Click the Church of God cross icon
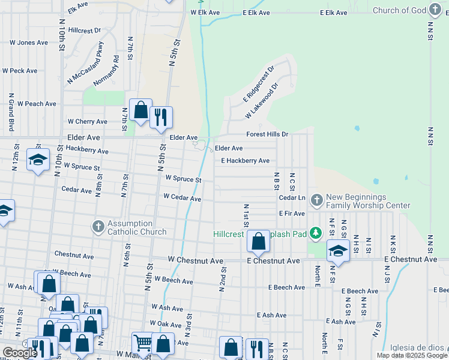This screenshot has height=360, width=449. point(435,10)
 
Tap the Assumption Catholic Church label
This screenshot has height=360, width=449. point(137,227)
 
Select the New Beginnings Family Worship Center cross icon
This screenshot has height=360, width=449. point(316,199)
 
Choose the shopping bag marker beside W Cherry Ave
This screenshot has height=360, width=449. point(140,110)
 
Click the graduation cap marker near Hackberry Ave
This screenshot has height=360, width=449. point(38,160)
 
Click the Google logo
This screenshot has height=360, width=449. point(20,353)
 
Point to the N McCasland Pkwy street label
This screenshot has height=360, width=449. point(86,62)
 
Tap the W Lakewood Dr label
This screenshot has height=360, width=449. point(261,101)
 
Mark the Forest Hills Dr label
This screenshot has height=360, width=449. point(267,134)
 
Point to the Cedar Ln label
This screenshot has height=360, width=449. point(292,197)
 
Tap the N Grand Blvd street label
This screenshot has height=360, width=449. point(11,112)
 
